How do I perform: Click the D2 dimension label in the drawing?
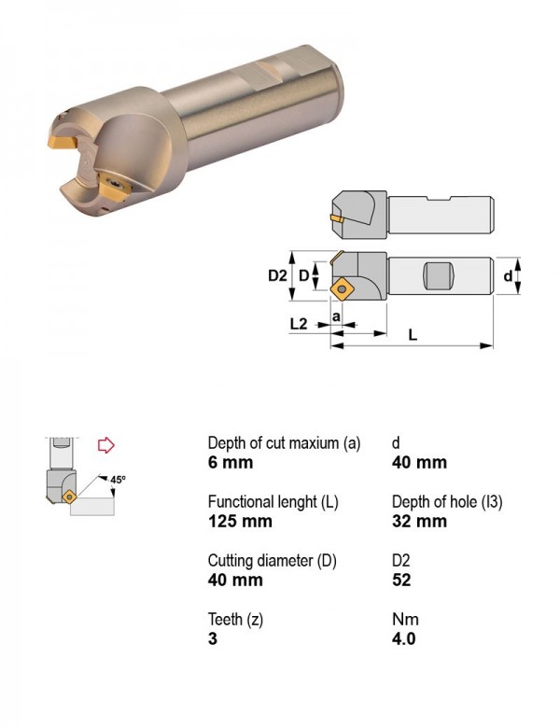(x=277, y=275)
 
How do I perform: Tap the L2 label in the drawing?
(x=299, y=324)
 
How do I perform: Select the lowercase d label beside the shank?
(x=508, y=275)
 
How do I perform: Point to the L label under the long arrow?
(x=413, y=334)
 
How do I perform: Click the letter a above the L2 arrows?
(x=337, y=316)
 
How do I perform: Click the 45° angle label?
(x=118, y=480)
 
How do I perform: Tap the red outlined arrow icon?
(x=106, y=445)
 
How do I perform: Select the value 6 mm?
(x=231, y=462)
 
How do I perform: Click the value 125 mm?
(x=240, y=521)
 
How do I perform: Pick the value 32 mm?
(x=419, y=521)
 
